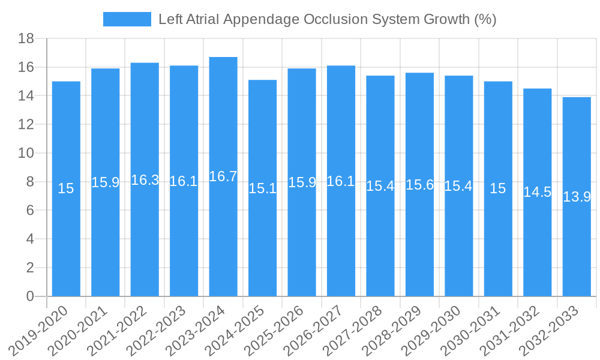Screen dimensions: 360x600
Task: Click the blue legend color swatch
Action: pos(127,19)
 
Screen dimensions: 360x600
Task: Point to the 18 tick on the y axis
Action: pos(26,39)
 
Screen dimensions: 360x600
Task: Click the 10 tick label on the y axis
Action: pos(26,154)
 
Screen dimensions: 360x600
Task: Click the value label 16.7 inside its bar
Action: pos(223,176)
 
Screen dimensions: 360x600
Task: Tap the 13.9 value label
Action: pos(577,197)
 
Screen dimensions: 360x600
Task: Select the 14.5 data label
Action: pos(537,192)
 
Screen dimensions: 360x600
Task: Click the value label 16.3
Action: pos(145,180)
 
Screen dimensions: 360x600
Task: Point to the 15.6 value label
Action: pos(419,185)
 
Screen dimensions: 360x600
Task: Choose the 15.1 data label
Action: pos(262,188)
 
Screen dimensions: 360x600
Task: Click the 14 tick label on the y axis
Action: pos(26,96)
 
